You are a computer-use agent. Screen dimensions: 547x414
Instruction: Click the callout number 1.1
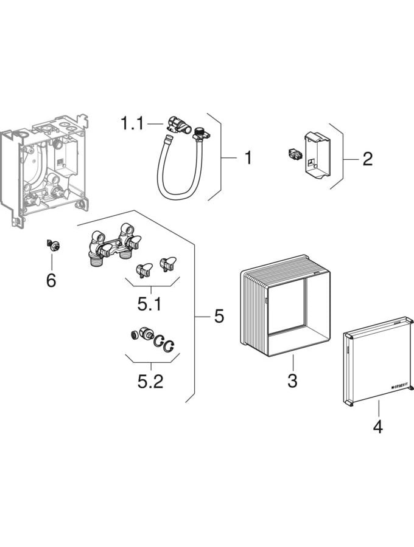tap(132, 125)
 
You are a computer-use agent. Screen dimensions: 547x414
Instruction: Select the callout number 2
tap(367, 159)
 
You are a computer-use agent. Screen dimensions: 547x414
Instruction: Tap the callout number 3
tap(292, 381)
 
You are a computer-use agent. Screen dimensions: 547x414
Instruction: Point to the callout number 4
tap(377, 427)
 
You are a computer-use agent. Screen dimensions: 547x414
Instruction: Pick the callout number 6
tap(51, 280)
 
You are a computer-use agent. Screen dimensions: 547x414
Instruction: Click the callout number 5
tap(219, 316)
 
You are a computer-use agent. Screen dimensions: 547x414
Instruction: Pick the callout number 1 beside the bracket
tap(247, 158)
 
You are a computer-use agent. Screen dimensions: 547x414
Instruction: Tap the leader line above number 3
tap(292, 365)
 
